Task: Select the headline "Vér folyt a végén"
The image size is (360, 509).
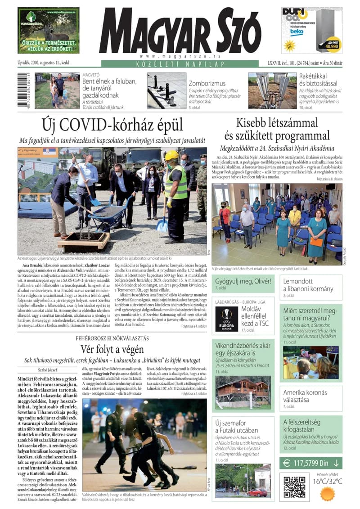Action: [112, 349]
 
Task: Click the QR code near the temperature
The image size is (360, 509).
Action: [294, 486]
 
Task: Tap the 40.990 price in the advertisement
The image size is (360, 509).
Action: [332, 46]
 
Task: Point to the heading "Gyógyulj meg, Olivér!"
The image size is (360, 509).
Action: [243, 281]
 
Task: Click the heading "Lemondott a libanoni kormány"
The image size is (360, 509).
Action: [308, 285]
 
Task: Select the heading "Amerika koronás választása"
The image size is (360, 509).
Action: [305, 396]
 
